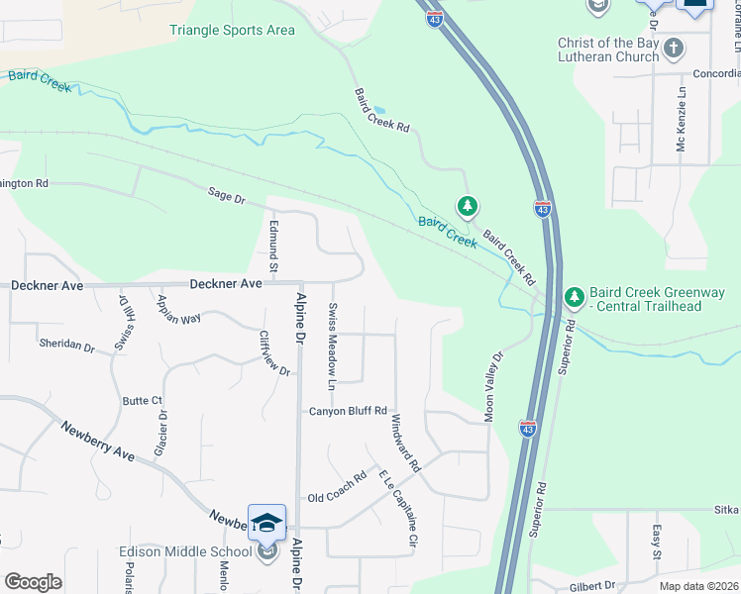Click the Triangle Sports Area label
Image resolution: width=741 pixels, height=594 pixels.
coord(232,30)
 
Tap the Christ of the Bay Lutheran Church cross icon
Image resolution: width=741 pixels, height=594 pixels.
coord(674,48)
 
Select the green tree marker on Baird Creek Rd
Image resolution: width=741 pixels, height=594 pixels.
coord(468,207)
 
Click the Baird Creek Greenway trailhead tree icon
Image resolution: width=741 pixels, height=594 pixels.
coord(574,296)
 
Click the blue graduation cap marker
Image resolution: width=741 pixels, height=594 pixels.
coord(266,522)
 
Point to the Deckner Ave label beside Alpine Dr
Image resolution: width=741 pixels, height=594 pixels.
coord(234,284)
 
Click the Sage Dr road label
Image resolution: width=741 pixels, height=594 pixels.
coord(226,197)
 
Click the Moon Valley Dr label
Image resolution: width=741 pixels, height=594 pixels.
coord(493,384)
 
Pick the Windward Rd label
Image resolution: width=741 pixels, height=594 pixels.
coord(405,442)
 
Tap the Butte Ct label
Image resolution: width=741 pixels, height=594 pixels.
coord(141,401)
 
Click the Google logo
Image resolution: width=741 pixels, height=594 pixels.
coord(33,582)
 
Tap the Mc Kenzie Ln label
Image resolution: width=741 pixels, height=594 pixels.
coord(682,130)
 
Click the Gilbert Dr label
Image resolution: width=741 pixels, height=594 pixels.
coord(592,585)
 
